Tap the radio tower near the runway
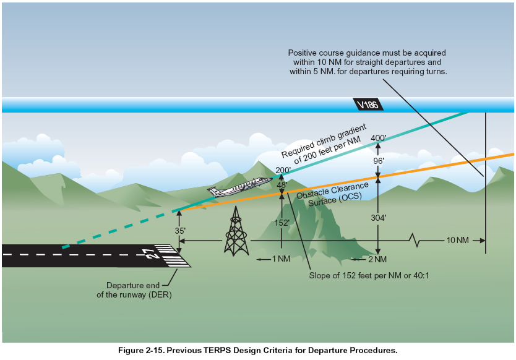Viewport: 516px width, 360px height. (236, 231)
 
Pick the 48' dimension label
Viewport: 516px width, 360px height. (283, 184)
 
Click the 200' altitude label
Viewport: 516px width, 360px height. (283, 169)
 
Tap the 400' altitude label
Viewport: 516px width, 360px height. (377, 138)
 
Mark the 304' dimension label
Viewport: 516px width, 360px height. (379, 218)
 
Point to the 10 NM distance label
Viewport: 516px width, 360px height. (458, 239)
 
